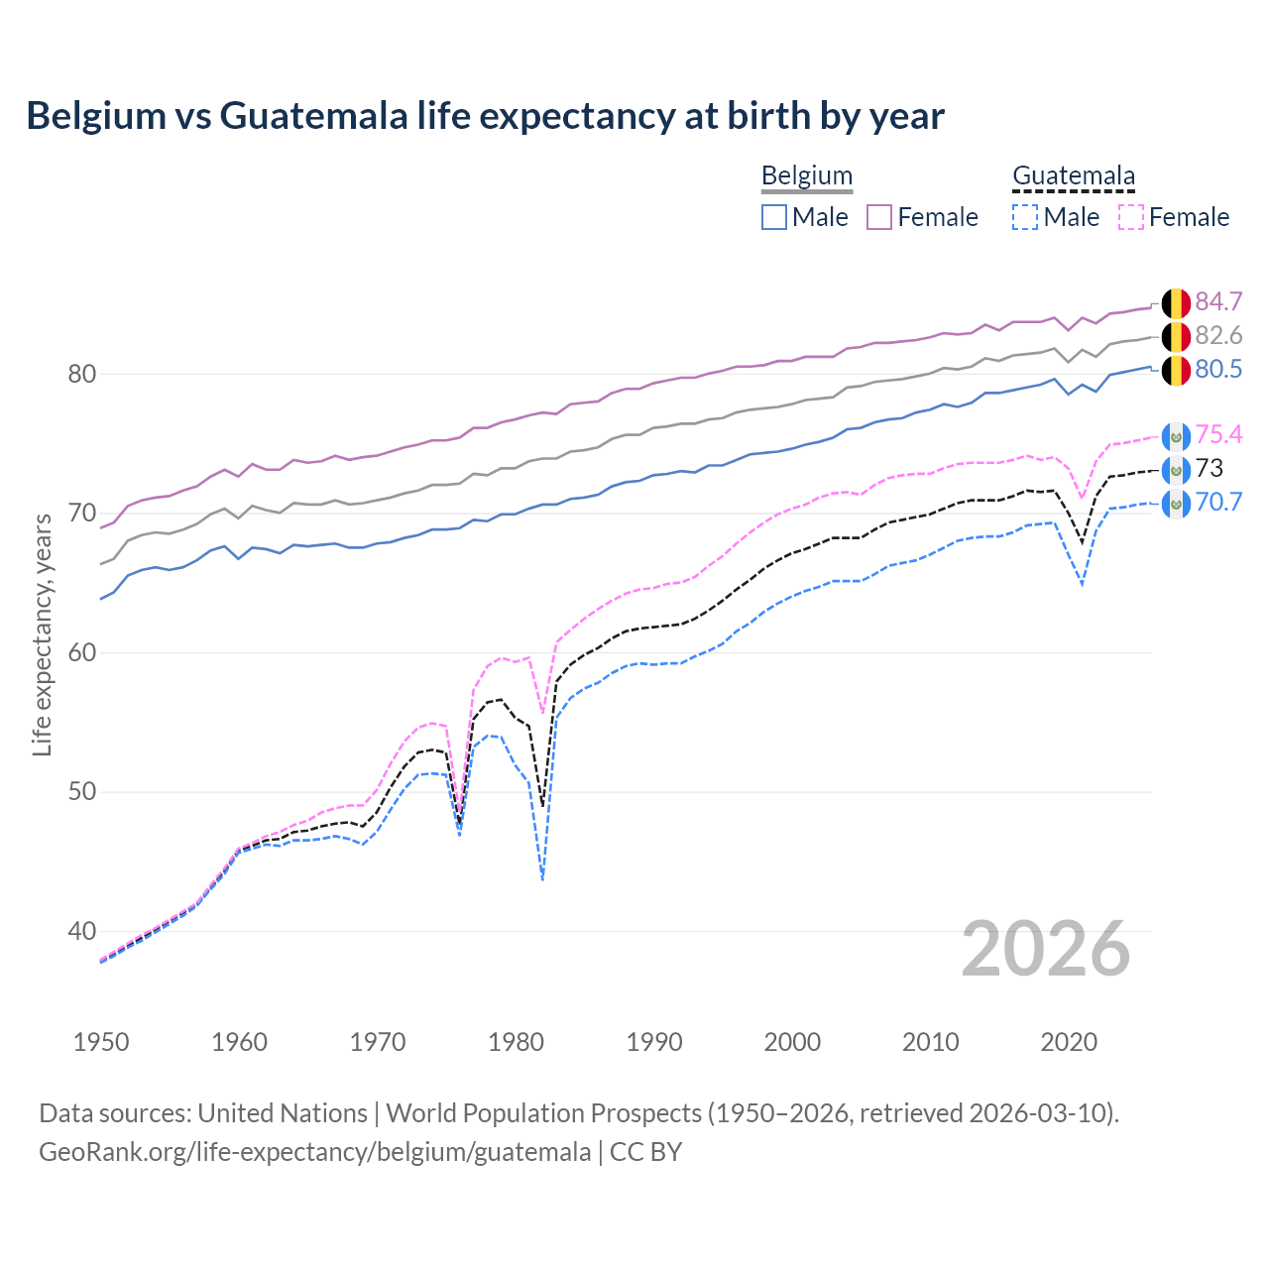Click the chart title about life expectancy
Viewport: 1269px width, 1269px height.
(485, 116)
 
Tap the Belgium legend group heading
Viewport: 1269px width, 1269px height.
(806, 176)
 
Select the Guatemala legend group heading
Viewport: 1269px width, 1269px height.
(1073, 176)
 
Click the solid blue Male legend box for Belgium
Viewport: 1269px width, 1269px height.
(774, 217)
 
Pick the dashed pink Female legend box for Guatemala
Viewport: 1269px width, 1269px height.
(1131, 217)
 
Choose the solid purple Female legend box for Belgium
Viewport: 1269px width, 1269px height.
(879, 217)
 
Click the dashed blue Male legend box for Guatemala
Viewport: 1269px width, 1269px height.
(1025, 217)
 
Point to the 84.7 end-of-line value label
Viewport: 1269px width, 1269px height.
(1218, 302)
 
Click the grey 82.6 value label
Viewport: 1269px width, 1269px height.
(1218, 336)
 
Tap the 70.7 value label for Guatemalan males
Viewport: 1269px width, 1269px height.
(1218, 503)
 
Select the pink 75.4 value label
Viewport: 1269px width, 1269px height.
(1218, 435)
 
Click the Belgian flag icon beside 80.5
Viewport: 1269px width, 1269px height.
(1176, 371)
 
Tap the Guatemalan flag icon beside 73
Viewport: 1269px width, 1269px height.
(1176, 469)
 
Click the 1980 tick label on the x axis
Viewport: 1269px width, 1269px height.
(516, 1042)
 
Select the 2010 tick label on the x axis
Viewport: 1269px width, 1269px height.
(930, 1042)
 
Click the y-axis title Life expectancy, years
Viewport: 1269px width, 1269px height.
(42, 634)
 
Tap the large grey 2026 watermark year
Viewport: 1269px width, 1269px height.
(1045, 950)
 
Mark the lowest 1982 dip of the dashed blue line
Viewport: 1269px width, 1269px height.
(542, 878)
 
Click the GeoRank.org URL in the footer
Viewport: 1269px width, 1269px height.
(314, 1152)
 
